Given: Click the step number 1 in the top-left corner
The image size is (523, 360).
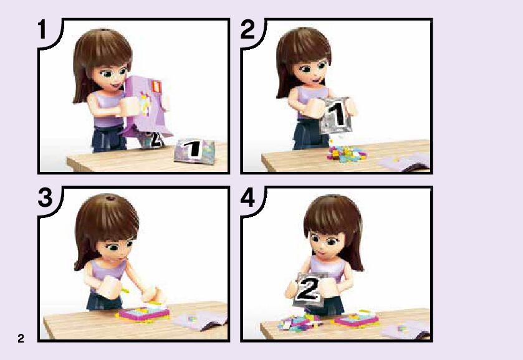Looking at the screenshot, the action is point(42,30).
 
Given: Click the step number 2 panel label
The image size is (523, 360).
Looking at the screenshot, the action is point(247,30).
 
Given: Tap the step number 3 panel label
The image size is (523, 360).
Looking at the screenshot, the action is point(45,197).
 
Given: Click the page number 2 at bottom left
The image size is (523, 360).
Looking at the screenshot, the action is point(21,338).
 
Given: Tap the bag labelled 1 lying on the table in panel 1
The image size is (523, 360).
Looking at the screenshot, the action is point(195,151).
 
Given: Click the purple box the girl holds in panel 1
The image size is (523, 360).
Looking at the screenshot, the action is point(146,107).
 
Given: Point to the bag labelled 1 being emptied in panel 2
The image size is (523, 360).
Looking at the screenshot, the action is point(336,115).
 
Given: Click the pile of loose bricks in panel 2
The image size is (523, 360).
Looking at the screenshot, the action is point(346,154).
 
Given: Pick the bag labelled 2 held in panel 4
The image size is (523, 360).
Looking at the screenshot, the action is point(309,290).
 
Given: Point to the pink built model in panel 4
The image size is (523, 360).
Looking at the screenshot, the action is point(356,320).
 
